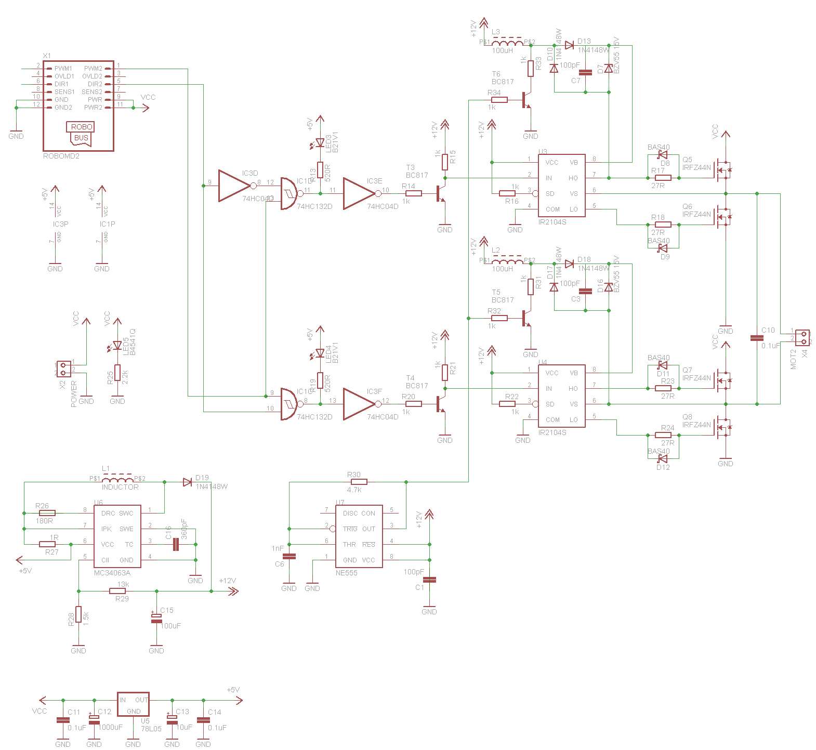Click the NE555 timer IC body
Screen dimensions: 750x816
coord(359,536)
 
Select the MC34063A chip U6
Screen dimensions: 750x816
coord(117,536)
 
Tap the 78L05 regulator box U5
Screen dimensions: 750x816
coord(133,705)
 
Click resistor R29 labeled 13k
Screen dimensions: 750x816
coord(118,591)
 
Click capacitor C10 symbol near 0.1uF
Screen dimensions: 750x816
coord(757,338)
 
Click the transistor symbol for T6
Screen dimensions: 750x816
coord(527,100)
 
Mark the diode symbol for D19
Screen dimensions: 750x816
coord(188,482)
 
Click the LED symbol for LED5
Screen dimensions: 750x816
coord(117,345)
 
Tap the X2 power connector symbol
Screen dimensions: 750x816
coord(64,369)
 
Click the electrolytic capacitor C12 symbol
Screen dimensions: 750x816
coord(94,720)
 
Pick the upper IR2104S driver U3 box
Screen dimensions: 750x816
coord(561,186)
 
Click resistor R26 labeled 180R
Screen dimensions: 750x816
coord(47,513)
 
